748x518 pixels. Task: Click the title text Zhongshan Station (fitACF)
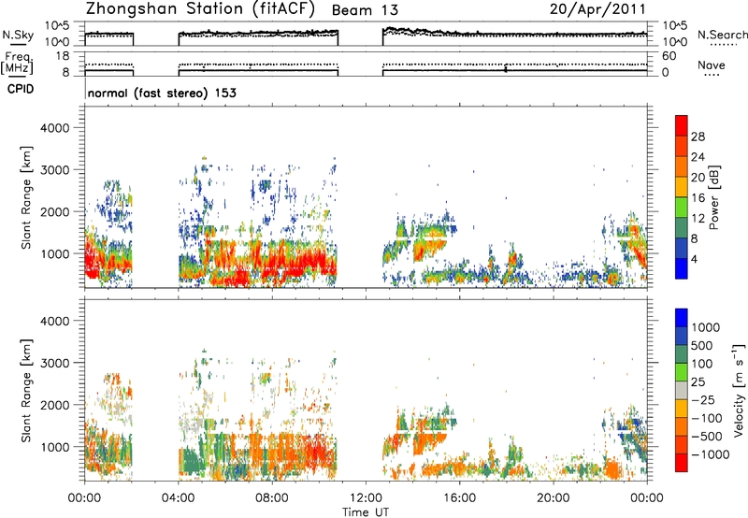[200, 9]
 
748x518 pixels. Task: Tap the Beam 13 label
[365, 10]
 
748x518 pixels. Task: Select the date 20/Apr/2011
[597, 9]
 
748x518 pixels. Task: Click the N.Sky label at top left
[18, 36]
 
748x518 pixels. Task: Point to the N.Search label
[722, 35]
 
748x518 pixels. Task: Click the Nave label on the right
[712, 65]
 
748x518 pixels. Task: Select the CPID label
[21, 89]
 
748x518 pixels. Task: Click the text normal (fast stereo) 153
[162, 93]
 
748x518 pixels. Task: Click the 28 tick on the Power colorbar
[698, 137]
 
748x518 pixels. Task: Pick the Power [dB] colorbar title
[714, 197]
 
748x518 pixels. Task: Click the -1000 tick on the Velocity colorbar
[710, 454]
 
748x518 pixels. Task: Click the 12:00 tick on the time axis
[366, 498]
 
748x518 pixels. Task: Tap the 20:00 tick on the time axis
[554, 498]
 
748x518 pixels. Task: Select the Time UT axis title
[366, 512]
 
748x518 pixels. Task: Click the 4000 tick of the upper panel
[55, 128]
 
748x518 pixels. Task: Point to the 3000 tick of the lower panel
[55, 363]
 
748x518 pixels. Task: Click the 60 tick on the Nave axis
[669, 56]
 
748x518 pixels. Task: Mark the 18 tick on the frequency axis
[62, 56]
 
